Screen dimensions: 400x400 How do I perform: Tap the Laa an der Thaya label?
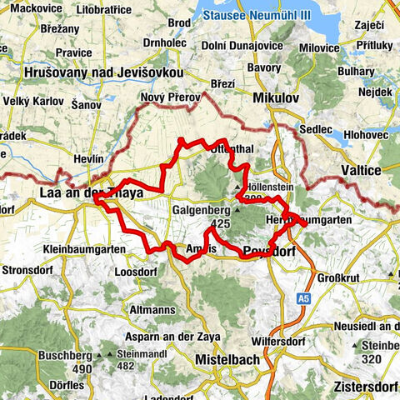(90, 193)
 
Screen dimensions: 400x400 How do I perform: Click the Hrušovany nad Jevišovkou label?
(103, 72)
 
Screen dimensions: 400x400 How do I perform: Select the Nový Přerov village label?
(170, 97)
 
